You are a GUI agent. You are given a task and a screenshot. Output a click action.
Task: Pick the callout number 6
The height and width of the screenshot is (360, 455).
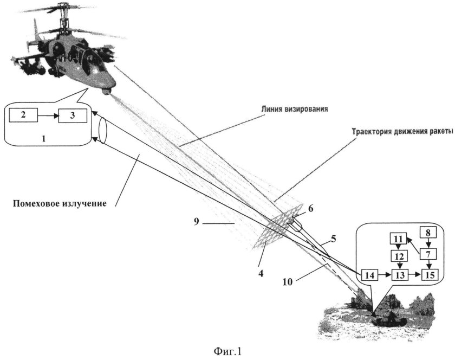pyautogui.click(x=309, y=208)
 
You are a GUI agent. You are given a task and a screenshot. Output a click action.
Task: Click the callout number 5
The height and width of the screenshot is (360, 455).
pyautogui.click(x=334, y=237)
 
